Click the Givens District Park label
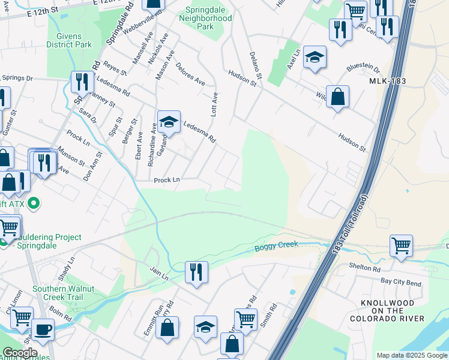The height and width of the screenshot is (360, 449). tap(70, 40)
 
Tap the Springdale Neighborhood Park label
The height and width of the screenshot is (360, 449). tap(205, 18)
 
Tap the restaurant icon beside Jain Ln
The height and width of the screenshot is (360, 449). tap(196, 272)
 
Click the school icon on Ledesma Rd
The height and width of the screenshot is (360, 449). tap(169, 122)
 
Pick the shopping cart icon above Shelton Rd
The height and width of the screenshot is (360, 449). tap(401, 245)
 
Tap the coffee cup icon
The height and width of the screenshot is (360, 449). tap(43, 329)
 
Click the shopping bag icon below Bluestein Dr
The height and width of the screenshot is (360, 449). tap(338, 96)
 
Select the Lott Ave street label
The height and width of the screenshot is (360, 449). tap(214, 104)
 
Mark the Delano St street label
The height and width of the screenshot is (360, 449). tap(256, 67)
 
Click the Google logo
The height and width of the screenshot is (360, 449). tap(19, 353)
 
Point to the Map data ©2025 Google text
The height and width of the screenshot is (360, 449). tap(412, 355)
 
